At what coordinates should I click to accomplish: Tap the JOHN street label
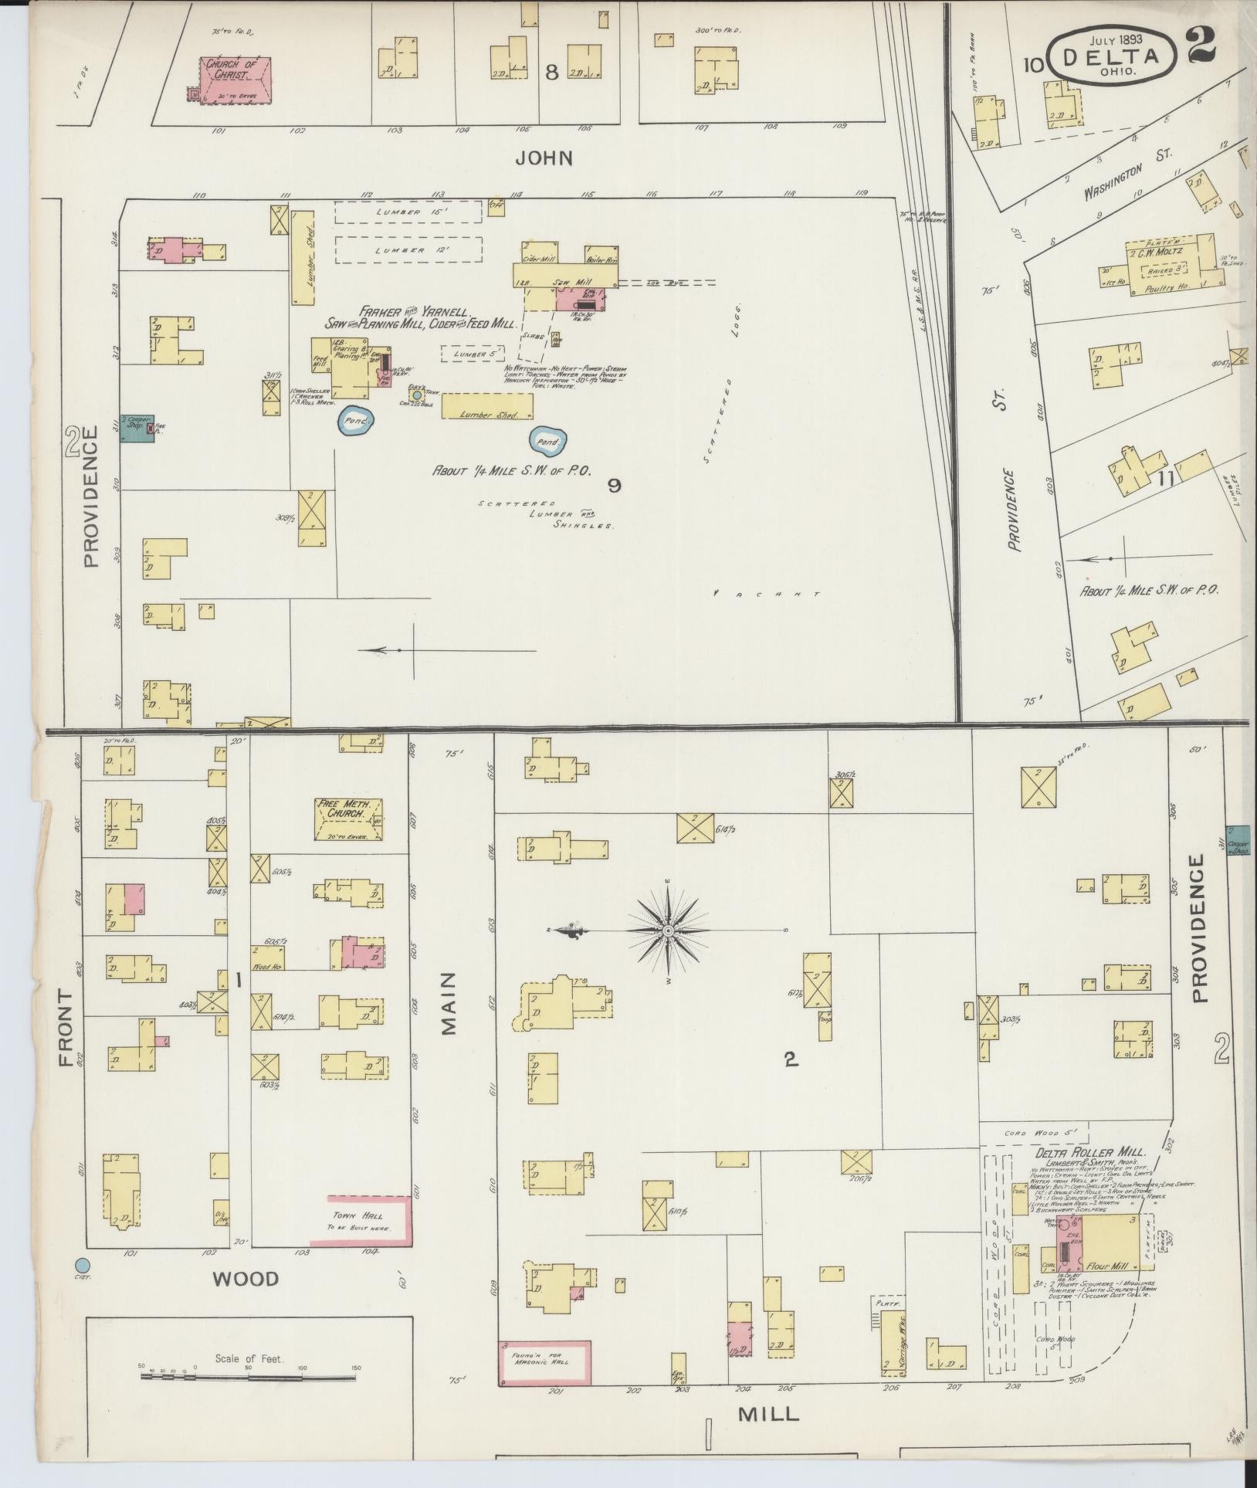(544, 158)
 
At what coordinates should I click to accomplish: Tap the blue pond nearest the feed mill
(357, 420)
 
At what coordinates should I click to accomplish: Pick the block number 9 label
(614, 485)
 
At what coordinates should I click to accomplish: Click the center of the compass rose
(667, 932)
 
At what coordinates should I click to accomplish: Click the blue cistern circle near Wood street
(82, 1266)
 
